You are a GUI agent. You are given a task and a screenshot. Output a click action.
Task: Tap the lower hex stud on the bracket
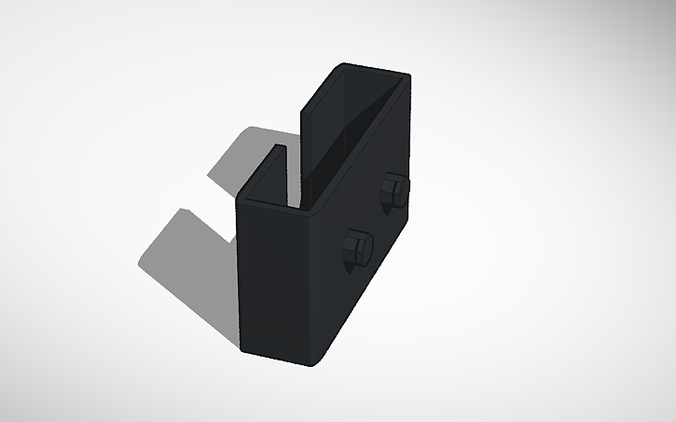pyautogui.click(x=355, y=249)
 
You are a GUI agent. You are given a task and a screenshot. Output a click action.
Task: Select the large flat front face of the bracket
pyautogui.click(x=275, y=279)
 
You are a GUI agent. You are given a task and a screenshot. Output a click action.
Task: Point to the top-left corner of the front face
pyautogui.click(x=240, y=201)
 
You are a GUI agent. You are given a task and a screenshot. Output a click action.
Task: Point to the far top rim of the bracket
pyautogui.click(x=374, y=69)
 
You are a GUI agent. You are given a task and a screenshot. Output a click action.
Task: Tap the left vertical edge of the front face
pyautogui.click(x=241, y=279)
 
